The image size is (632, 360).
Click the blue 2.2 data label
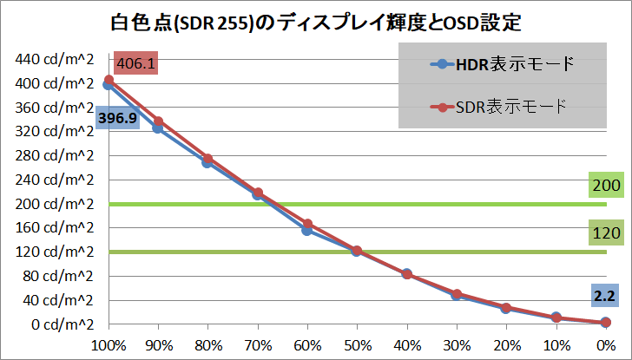coord(603,297)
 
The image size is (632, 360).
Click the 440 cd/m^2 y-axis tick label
coord(55,60)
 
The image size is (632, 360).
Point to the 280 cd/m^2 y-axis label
coord(55,156)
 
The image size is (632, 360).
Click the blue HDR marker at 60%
coord(307,230)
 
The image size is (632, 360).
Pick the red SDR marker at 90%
coord(158,121)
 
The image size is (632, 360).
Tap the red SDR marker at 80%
coord(207,159)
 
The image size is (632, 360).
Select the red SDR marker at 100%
coord(109,80)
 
